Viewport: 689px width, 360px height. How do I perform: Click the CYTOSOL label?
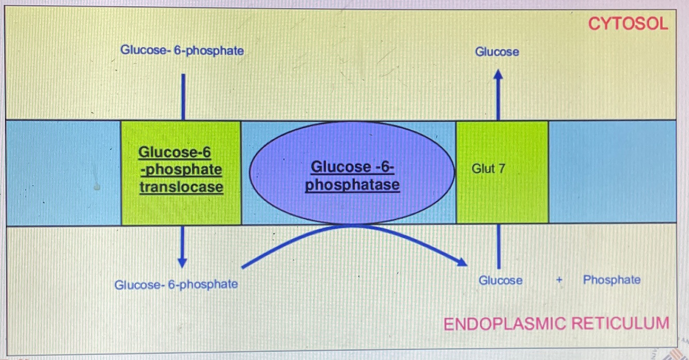pyautogui.click(x=628, y=23)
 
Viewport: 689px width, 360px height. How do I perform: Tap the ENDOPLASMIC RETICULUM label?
pyautogui.click(x=556, y=324)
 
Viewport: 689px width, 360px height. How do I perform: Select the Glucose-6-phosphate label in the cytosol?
pyautogui.click(x=182, y=51)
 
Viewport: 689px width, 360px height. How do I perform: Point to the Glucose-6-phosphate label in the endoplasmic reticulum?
pyautogui.click(x=176, y=284)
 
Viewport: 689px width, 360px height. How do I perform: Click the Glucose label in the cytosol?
pyautogui.click(x=497, y=52)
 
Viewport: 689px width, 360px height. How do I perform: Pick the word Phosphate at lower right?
pyautogui.click(x=612, y=280)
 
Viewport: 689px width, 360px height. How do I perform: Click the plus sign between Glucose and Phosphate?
pyautogui.click(x=559, y=281)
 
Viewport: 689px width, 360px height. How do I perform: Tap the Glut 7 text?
pyautogui.click(x=488, y=169)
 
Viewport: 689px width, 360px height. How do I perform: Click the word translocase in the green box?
pyautogui.click(x=181, y=186)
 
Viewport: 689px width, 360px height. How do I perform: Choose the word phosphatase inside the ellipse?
pyautogui.click(x=352, y=184)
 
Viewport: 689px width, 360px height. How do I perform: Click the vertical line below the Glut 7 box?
pyautogui.click(x=498, y=246)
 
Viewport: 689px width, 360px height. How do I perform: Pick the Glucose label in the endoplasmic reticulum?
pyautogui.click(x=500, y=280)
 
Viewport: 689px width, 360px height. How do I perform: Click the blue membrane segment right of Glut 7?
pyautogui.click(x=612, y=172)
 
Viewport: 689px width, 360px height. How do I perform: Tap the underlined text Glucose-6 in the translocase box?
pyautogui.click(x=175, y=153)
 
